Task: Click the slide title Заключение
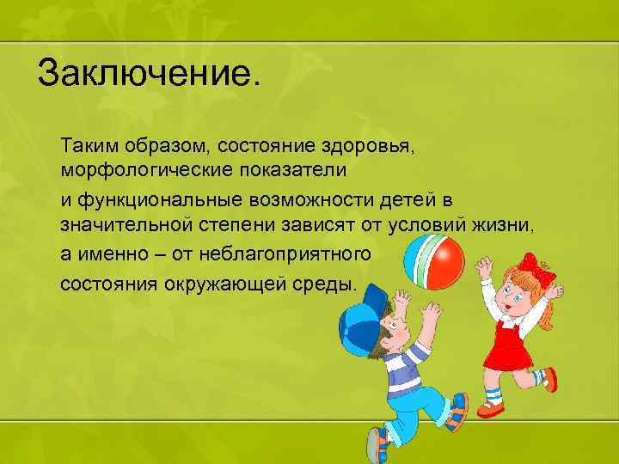click(147, 73)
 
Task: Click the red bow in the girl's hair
click(537, 267)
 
